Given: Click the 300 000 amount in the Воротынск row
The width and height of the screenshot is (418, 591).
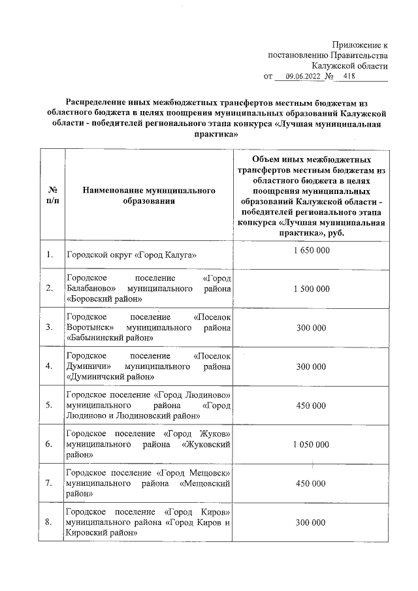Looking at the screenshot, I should (310, 327).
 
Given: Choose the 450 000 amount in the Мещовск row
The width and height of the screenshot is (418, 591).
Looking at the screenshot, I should (310, 483).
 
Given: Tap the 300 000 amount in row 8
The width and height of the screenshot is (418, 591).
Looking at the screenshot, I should (310, 522).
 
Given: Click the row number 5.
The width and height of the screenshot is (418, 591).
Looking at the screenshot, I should (49, 406).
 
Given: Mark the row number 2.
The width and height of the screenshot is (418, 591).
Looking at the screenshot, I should (49, 288).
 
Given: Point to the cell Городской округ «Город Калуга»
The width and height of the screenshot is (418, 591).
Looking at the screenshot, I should (131, 254).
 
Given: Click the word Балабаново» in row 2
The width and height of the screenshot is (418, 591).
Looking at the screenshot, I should (91, 288).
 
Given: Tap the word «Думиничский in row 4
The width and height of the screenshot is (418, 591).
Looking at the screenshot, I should (93, 377).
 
